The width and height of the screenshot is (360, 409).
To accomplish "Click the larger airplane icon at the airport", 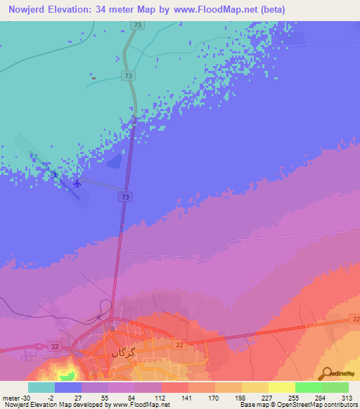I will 77,184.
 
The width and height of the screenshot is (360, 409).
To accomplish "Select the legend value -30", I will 27,398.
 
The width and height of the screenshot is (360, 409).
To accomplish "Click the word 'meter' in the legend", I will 11,398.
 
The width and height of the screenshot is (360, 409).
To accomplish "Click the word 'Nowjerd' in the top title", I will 27,9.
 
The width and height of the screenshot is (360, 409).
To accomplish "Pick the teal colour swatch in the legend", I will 41,387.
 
